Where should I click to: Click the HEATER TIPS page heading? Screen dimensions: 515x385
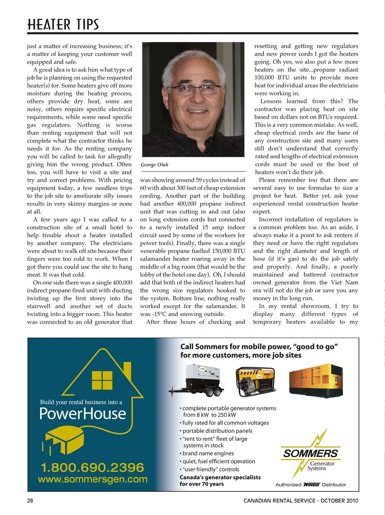[x=63, y=24]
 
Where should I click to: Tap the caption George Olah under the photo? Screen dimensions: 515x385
[x=154, y=165]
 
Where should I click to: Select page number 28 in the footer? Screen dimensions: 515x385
[x=30, y=501]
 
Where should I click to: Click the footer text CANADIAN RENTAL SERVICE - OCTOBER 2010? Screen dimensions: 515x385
[x=301, y=501]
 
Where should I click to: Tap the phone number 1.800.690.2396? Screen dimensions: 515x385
[x=92, y=467]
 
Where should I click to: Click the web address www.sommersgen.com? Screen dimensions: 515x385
[x=92, y=479]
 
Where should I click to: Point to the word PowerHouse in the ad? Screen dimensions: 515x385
[x=83, y=414]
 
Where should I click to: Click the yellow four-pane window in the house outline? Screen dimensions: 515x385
[x=102, y=380]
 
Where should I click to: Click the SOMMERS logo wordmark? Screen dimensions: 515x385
[x=310, y=453]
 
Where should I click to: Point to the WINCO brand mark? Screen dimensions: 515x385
[x=311, y=485]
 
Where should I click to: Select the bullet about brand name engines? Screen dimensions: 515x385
[x=208, y=453]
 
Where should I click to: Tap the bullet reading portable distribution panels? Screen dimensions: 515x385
[x=217, y=431]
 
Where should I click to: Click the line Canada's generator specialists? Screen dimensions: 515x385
[x=220, y=477]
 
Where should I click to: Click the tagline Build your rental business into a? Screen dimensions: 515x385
[x=81, y=402]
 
